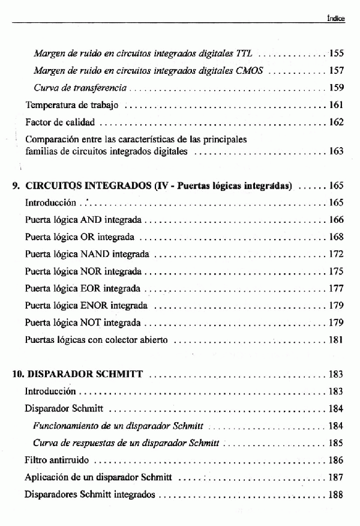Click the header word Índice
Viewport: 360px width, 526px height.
tap(335, 19)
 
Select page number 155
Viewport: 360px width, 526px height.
tap(335, 53)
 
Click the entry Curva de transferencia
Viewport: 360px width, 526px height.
tap(80, 88)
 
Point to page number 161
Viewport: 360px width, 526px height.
tap(335, 106)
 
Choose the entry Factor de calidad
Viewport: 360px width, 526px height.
tap(60, 122)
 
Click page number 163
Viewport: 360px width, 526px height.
tap(335, 151)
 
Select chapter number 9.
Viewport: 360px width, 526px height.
tap(16, 186)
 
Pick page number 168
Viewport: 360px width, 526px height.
tap(335, 237)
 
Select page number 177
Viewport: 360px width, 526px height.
tap(335, 289)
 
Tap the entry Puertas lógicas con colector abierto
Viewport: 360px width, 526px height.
tap(96, 340)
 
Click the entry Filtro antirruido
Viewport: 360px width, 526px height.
tap(57, 461)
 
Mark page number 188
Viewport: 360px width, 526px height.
tap(335, 495)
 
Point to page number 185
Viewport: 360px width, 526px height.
tap(335, 443)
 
